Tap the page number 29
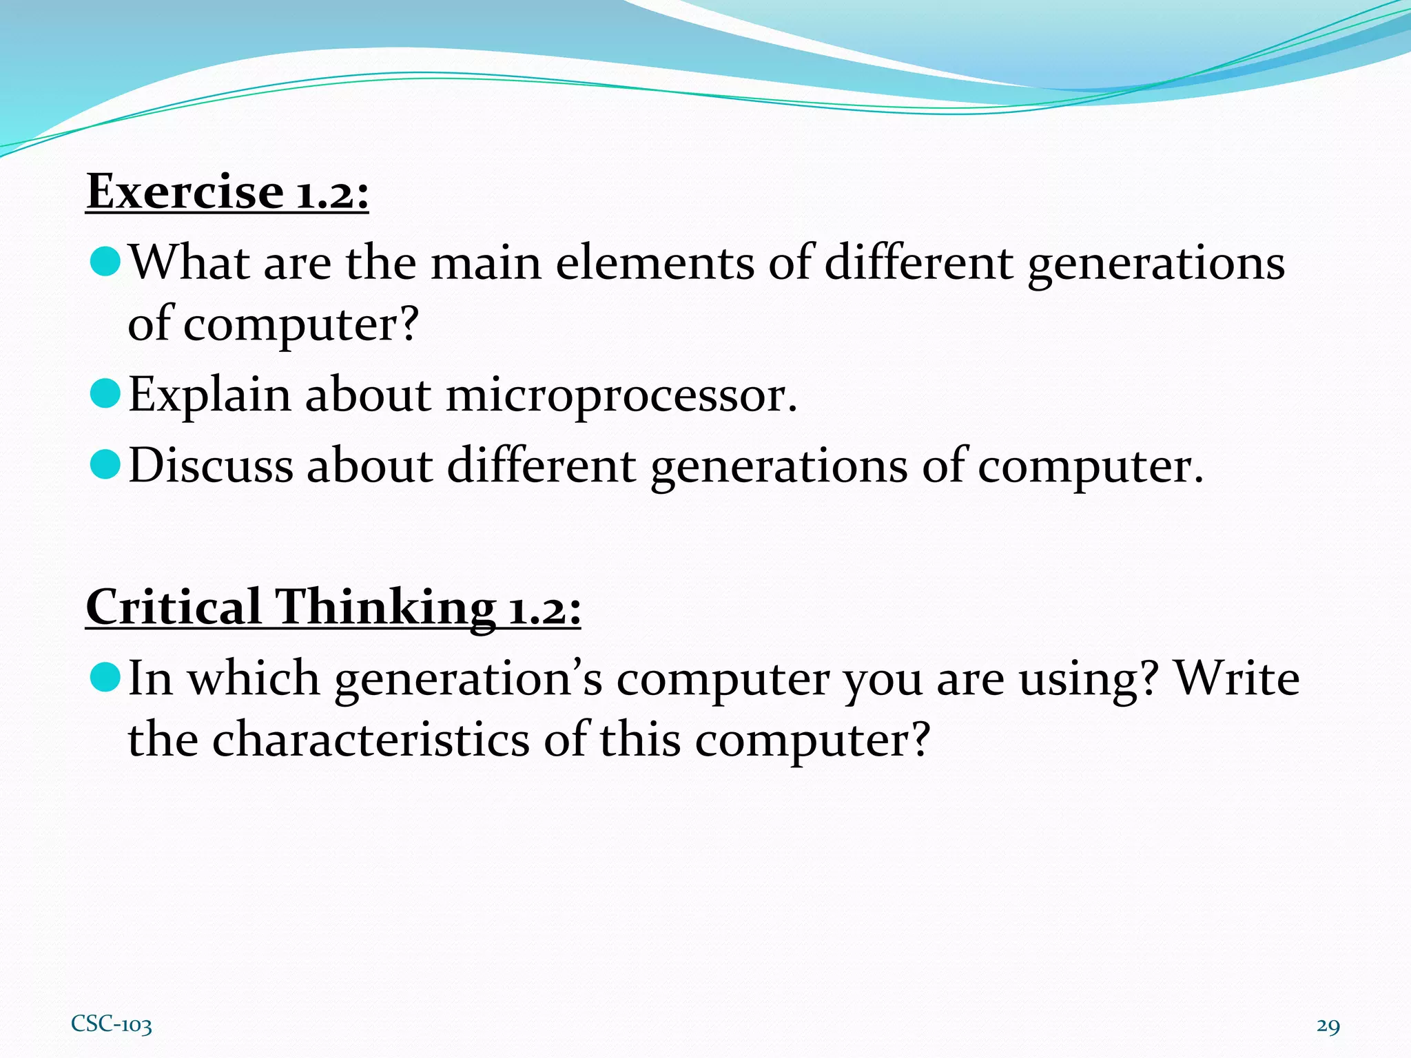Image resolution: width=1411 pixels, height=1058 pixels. pos(1328,1026)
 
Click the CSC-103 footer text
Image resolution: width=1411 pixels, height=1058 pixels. pos(111,1024)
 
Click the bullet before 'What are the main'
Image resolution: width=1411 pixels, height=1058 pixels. pos(105,262)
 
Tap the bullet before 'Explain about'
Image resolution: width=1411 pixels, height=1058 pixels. pos(105,394)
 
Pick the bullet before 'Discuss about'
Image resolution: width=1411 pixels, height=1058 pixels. pos(105,464)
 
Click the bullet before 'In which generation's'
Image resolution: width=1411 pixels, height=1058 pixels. pos(105,677)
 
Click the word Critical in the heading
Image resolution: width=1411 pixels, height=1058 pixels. pos(173,608)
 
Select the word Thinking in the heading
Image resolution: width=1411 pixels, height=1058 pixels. pos(385,608)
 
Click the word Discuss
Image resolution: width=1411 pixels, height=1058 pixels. pos(211,466)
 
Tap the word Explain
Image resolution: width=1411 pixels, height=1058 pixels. pos(209,397)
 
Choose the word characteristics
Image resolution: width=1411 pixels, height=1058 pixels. pos(371,740)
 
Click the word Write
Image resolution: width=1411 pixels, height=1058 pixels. pos(1237,678)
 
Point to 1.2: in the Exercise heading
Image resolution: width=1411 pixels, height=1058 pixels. pos(333,193)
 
